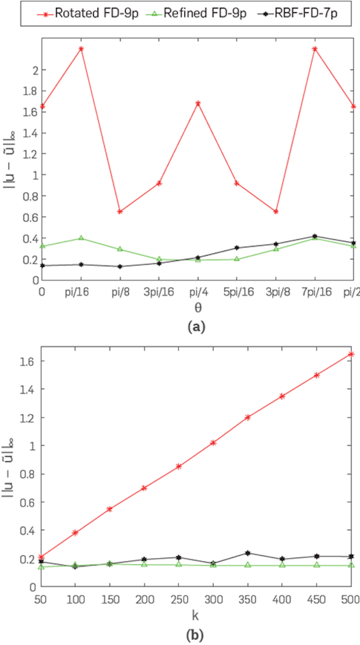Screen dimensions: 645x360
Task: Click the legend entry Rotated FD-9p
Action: pos(86,13)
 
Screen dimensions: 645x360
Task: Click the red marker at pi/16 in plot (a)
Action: pos(81,49)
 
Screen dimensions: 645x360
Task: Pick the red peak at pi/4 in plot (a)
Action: pos(198,103)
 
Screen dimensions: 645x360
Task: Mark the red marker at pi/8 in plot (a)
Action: pos(120,211)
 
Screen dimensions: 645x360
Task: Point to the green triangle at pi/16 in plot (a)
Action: pos(81,238)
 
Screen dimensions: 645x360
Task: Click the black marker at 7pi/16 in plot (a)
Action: pos(315,236)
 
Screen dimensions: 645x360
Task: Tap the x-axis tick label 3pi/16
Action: pos(158,291)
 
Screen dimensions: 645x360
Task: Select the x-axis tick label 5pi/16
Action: pos(236,291)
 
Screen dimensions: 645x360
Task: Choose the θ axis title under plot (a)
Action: pos(197,306)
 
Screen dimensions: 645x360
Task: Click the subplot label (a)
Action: pos(197,327)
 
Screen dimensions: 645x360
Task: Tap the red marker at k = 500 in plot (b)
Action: pos(351,354)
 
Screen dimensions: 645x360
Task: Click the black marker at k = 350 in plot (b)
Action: pos(248,553)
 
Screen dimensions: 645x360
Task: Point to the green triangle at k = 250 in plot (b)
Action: pos(179,564)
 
